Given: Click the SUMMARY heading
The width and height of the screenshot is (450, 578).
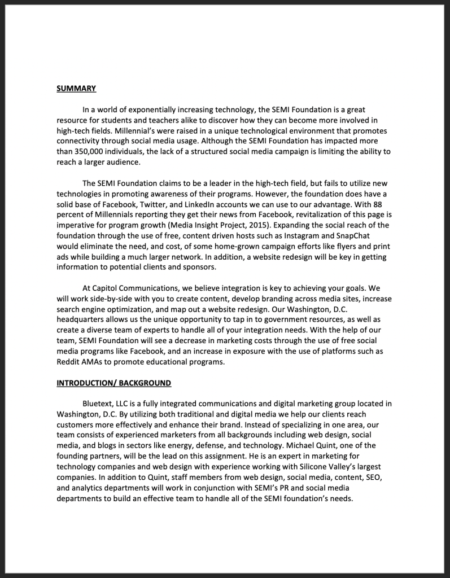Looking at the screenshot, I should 76,88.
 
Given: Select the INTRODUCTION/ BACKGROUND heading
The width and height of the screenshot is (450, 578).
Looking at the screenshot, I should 113,383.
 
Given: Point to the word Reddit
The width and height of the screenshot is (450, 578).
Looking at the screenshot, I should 69,362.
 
